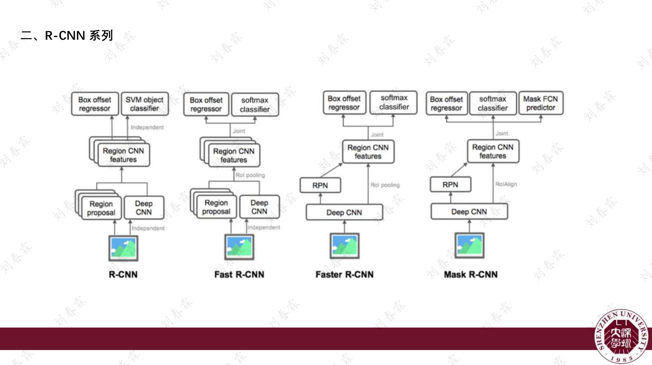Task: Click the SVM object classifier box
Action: [x=144, y=104]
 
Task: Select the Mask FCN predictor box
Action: [x=541, y=103]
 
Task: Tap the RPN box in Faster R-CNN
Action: [x=320, y=185]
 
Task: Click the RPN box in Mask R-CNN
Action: [x=450, y=185]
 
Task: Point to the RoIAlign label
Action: [x=506, y=184]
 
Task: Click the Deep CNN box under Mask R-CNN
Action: [x=469, y=212]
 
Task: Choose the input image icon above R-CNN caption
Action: [x=123, y=248]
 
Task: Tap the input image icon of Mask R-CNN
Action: [x=469, y=246]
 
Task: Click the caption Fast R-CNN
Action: [x=239, y=274]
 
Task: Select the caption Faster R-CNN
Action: [x=344, y=274]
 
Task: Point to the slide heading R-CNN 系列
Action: [x=67, y=35]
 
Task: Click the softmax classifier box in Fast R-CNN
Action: [x=255, y=105]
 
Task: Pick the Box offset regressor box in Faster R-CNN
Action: [x=344, y=103]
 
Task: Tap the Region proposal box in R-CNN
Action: [x=101, y=208]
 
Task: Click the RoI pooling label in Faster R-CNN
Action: [x=385, y=185]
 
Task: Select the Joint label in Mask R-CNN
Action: [x=501, y=133]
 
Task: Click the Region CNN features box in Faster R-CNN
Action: [x=368, y=152]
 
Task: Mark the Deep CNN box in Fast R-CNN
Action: [x=259, y=207]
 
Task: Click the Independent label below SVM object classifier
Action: [x=147, y=127]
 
